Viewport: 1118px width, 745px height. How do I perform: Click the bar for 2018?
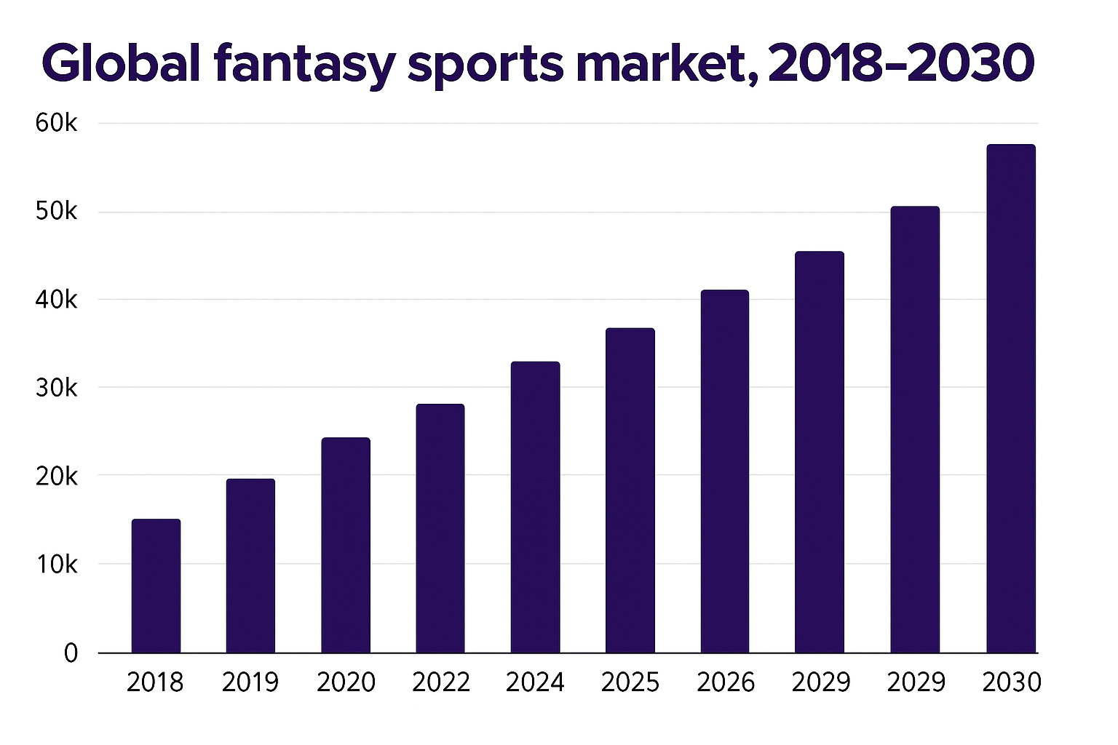point(156,586)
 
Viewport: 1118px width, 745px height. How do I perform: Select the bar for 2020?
point(346,545)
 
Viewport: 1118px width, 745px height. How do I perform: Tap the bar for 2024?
point(535,507)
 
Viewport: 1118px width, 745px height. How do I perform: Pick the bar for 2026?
point(725,471)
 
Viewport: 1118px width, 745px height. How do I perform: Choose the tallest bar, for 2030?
point(1010,399)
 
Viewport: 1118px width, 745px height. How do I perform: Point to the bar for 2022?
point(440,528)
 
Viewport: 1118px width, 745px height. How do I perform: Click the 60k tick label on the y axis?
point(56,123)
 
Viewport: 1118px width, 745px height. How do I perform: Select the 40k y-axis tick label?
point(56,299)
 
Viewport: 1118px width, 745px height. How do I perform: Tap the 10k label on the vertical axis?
point(56,564)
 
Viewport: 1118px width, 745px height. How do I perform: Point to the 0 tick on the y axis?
point(71,653)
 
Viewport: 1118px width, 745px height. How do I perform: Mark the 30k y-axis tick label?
point(56,388)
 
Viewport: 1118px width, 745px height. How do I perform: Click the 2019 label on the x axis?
point(250,682)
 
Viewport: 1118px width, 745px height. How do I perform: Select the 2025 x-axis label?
point(630,682)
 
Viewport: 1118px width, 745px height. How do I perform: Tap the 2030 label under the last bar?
point(1012,682)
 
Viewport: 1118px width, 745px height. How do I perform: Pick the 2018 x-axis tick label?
point(155,682)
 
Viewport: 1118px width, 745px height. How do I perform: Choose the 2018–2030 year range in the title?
point(901,63)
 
